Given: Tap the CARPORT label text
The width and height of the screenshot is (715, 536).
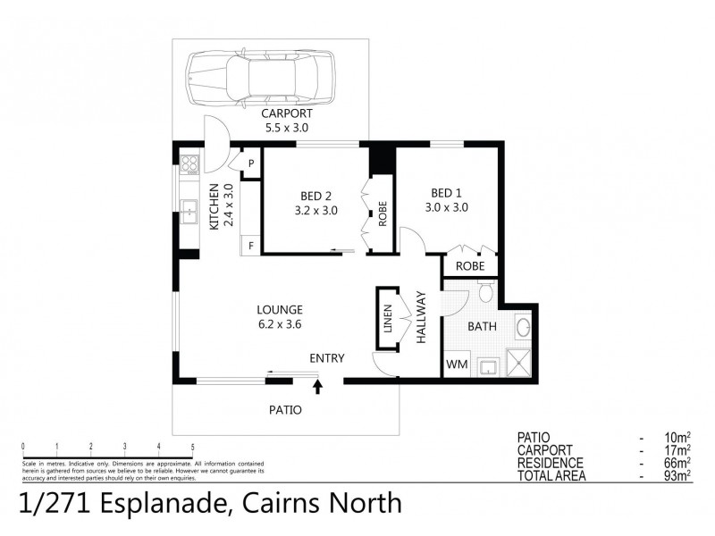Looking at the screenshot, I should coord(286,114).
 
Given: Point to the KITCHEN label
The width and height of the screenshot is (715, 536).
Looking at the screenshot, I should coord(221,206).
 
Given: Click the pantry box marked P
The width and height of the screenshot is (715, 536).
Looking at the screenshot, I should coord(251,163).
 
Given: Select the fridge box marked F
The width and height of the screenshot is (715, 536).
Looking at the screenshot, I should coord(250,244).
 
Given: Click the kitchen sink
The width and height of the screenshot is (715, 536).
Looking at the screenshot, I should coord(189,213).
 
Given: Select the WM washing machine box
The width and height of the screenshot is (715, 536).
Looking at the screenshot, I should coord(456,365).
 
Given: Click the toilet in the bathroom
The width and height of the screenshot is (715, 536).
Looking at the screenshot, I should coord(486,291).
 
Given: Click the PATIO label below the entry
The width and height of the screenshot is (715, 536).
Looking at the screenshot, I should coord(285,410).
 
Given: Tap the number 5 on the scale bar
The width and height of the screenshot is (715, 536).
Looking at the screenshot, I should coord(192,446).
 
